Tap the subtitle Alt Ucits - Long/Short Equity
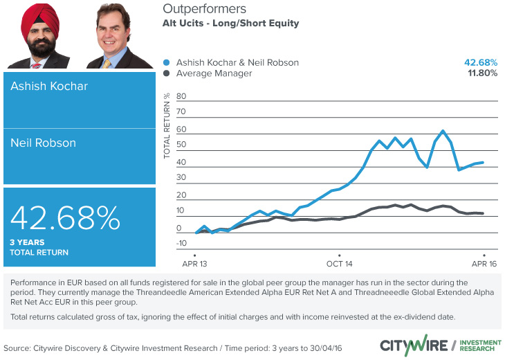click(230, 24)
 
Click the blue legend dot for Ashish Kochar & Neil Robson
click(166, 62)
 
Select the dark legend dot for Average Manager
click(166, 73)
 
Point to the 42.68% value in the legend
click(480, 62)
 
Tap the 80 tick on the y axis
click(182, 96)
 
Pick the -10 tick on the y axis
click(181, 243)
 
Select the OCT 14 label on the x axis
click(340, 264)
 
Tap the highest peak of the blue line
click(443, 130)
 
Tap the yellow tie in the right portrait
click(107, 62)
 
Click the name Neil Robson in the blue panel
click(44, 143)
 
